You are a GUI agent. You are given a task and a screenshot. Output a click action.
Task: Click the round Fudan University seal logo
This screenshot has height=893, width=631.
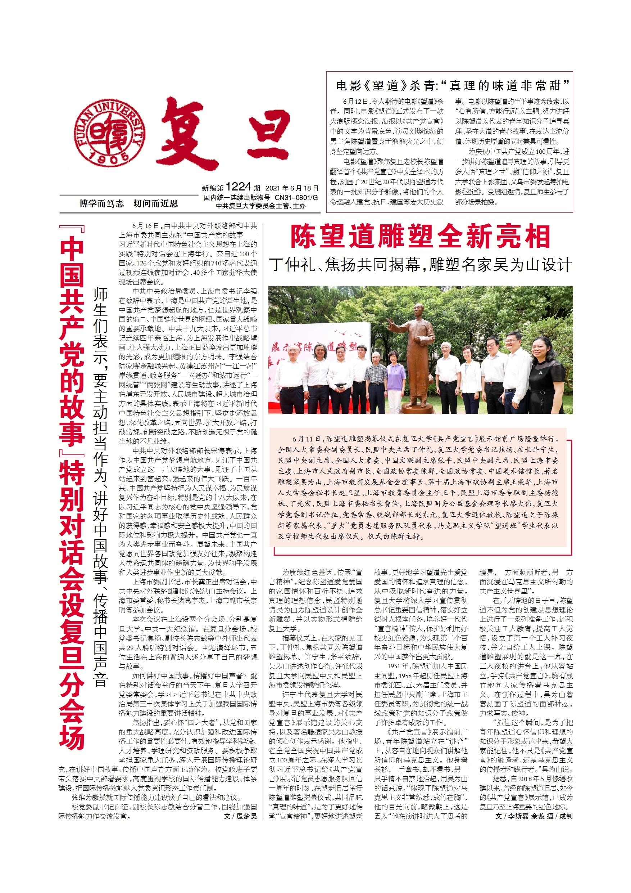click(110, 133)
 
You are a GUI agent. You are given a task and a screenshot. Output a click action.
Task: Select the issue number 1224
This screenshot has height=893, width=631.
click(238, 187)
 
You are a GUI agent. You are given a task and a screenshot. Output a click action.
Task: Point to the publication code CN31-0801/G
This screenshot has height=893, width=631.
click(296, 198)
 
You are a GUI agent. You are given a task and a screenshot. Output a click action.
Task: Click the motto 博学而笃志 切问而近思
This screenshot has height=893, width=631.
click(128, 203)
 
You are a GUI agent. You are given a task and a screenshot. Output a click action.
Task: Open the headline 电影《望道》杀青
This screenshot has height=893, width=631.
click(449, 85)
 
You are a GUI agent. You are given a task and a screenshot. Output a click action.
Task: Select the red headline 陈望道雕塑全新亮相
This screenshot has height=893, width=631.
click(420, 237)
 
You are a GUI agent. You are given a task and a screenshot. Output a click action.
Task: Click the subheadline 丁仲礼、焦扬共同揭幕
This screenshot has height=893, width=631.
click(420, 265)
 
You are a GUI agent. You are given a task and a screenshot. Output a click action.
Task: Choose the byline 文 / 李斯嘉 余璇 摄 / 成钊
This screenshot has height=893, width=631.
click(534, 816)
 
